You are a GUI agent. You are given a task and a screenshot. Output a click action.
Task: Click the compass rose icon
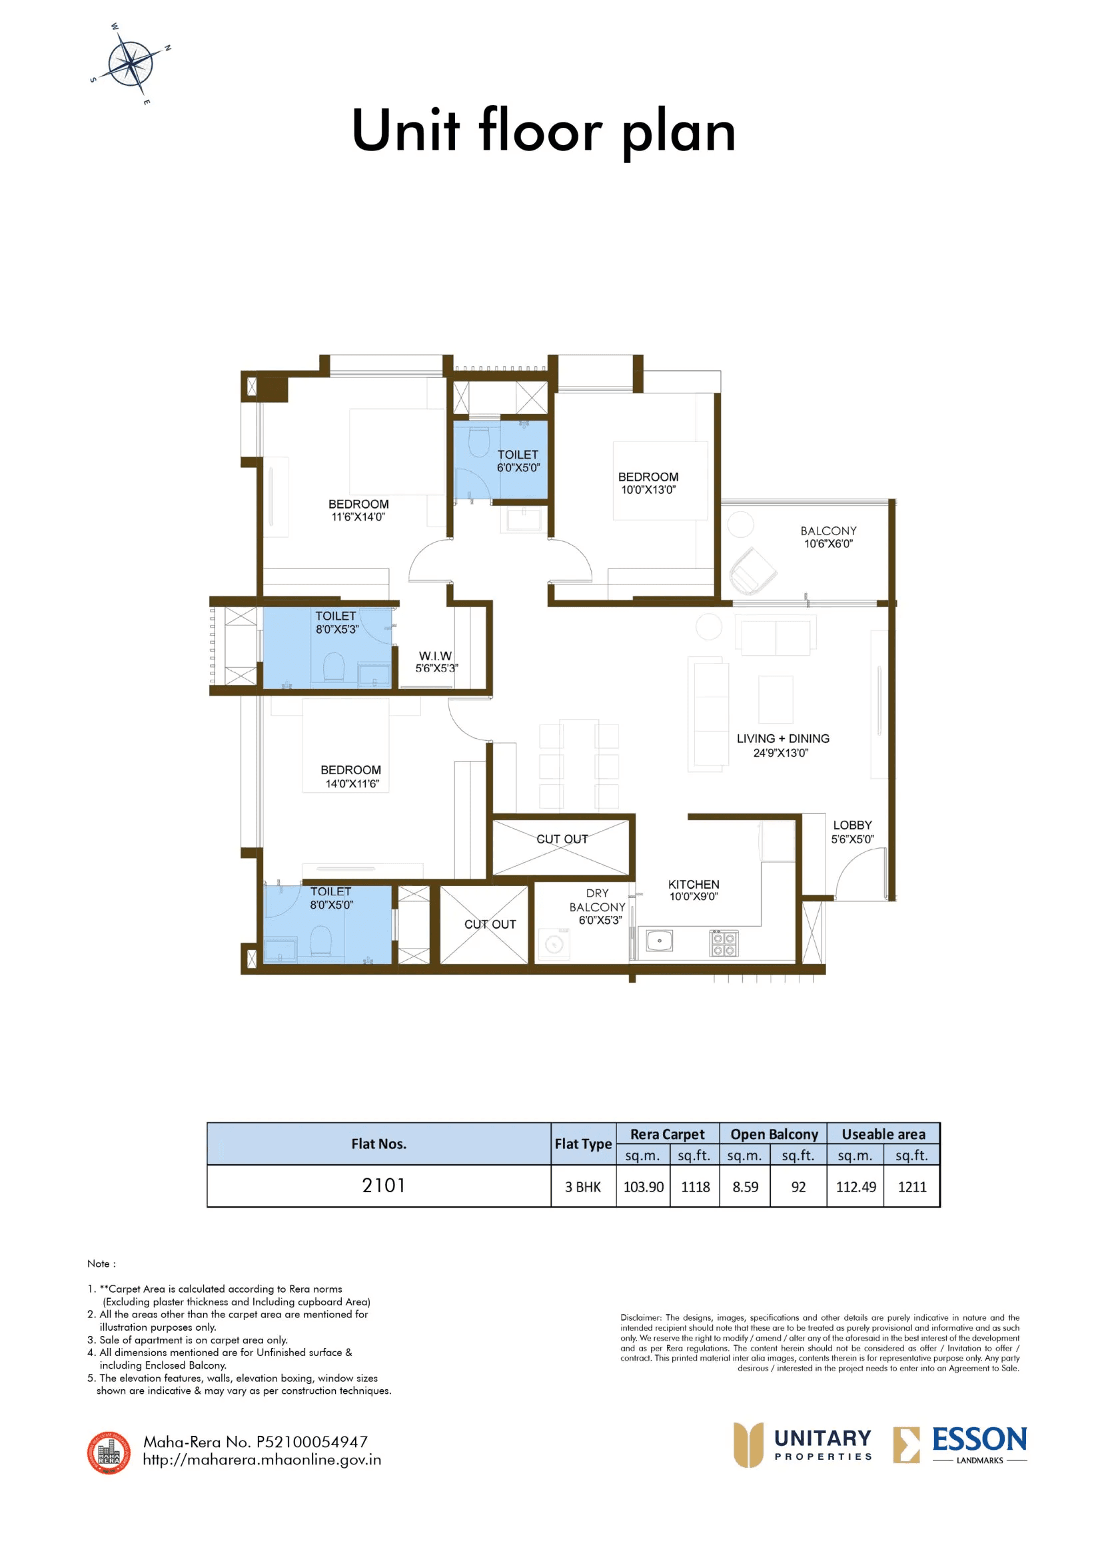point(131,64)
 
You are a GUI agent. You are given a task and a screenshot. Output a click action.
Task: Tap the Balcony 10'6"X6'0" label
point(828,537)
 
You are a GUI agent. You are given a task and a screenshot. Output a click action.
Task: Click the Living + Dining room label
point(782,746)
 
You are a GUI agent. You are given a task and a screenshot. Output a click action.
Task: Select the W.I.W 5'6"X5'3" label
point(436,662)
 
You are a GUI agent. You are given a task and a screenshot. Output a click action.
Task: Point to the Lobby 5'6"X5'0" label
point(852,832)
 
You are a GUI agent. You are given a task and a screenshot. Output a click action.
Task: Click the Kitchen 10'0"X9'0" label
point(694,891)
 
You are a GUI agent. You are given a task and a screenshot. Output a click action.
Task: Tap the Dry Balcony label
point(597,907)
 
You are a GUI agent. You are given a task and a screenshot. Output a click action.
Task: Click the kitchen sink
point(659,941)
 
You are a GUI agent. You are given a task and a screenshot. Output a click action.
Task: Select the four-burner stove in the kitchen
point(724,943)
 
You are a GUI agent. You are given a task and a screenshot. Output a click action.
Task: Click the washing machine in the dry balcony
point(554,945)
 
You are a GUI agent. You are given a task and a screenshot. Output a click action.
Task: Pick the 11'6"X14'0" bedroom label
point(358,511)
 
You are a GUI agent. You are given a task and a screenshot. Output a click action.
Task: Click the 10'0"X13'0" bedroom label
point(648,483)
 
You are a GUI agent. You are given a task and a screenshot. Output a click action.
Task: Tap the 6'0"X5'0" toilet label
point(518,461)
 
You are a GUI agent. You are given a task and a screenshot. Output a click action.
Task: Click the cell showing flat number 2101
point(383,1186)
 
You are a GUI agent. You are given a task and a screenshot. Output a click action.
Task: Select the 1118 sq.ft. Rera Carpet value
point(695,1187)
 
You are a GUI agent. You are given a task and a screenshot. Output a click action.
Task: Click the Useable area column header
point(883,1134)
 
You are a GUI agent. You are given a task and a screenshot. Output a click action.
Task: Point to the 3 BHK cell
point(583,1187)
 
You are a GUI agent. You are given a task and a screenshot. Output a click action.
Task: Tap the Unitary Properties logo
point(804,1445)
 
